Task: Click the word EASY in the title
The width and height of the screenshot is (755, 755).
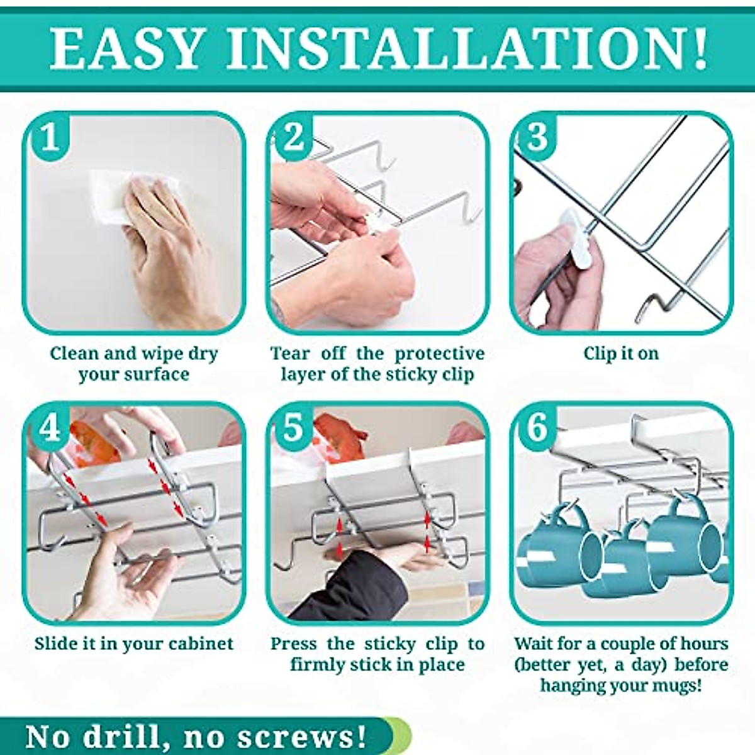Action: (126, 48)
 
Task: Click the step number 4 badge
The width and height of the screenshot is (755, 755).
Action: (48, 428)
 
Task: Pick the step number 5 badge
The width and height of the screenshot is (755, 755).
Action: (293, 428)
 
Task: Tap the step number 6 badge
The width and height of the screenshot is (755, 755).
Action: (536, 428)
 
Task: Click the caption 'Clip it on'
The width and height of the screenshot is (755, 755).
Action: (621, 354)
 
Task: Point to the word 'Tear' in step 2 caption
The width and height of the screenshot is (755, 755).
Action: (290, 354)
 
